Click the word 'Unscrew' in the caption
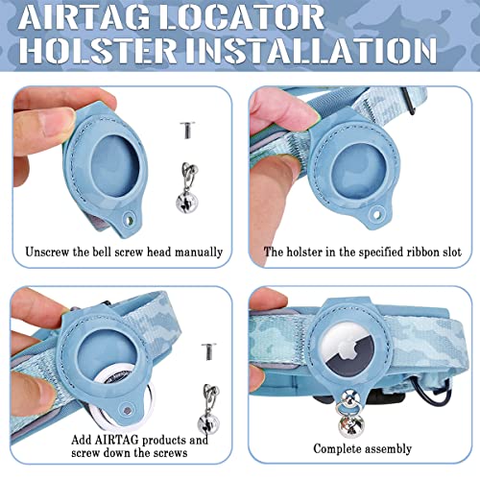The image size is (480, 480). [x=48, y=252]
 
